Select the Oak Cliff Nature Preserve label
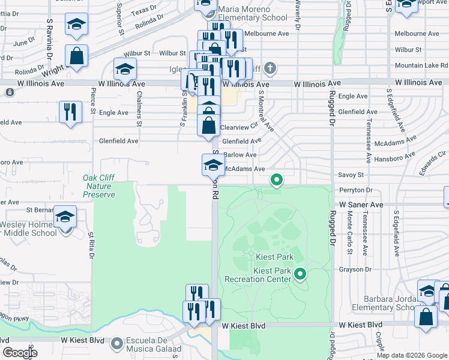(98, 186)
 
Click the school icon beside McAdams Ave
(213, 164)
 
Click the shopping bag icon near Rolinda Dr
(77, 56)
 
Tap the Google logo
(20, 353)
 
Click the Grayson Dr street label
(352, 269)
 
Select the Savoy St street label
(352, 175)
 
